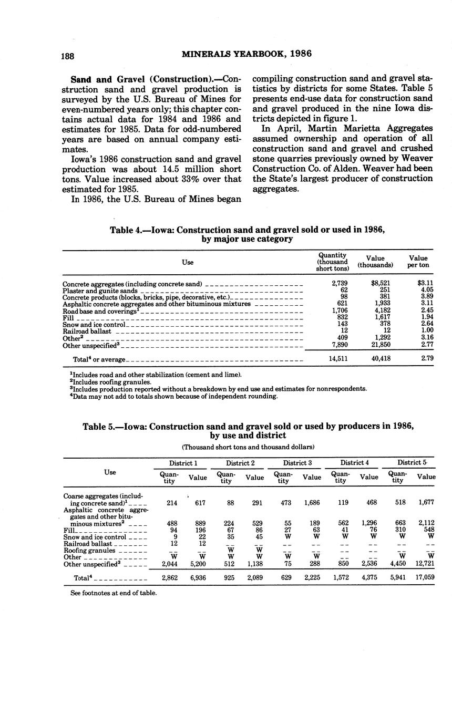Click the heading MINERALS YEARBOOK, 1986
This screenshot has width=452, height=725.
tap(246, 54)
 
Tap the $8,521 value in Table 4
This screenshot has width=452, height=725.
tap(380, 283)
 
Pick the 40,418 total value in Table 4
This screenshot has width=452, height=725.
tap(380, 359)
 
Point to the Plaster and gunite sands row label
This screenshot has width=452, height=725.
tap(100, 291)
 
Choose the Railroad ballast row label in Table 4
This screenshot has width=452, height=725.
tap(87, 332)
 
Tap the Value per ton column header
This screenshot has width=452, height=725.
tap(418, 262)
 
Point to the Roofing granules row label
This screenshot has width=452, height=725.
tap(89, 551)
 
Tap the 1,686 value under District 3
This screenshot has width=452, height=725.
tap(312, 502)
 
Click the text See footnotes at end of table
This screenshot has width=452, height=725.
tap(114, 593)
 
